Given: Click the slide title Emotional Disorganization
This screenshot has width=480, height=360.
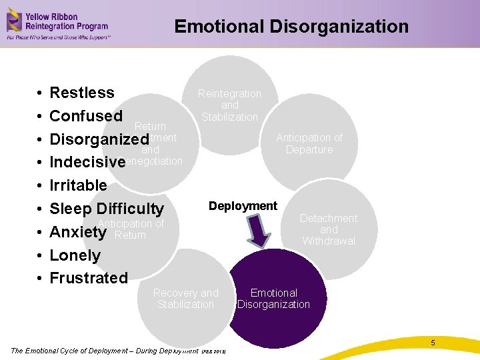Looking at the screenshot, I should [291, 27].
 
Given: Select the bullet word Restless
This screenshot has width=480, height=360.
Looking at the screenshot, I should [82, 93].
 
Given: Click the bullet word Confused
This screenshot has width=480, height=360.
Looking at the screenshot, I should [86, 116].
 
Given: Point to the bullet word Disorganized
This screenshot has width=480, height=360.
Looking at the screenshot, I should [99, 139].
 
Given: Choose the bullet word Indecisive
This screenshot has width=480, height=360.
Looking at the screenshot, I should [87, 162].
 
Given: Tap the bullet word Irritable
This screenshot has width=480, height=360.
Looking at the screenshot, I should [78, 185].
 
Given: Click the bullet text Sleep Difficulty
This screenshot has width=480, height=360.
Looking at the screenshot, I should [107, 209].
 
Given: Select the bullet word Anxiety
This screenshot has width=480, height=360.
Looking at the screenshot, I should [78, 232].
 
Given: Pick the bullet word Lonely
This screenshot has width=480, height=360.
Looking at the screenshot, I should [75, 255].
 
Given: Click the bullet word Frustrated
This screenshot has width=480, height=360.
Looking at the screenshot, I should [89, 278].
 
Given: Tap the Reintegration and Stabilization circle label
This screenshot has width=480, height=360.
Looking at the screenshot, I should [230, 105].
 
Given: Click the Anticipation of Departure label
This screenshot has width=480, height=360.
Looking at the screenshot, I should [309, 143].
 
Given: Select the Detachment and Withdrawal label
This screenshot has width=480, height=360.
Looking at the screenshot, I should [329, 229].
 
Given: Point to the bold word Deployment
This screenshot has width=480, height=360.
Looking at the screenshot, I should [243, 206].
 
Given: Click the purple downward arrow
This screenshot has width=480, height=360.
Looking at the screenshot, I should [261, 231].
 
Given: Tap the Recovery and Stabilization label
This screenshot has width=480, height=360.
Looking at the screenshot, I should [185, 299].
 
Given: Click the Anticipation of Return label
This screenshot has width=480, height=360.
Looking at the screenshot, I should [131, 229].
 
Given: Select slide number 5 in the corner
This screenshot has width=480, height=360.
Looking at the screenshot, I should [433, 343].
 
